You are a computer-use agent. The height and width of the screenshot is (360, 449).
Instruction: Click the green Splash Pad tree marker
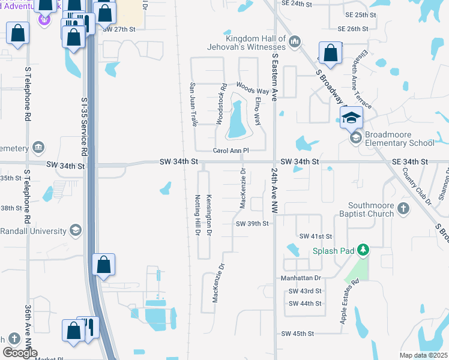click(362, 249)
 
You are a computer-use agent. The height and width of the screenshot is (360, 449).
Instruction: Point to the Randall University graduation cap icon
click(76, 230)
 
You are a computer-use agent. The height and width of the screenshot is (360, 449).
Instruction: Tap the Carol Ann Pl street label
click(231, 151)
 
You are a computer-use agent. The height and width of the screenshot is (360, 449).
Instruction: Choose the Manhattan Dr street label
click(301, 278)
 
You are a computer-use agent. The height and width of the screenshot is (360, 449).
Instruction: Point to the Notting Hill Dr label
click(196, 215)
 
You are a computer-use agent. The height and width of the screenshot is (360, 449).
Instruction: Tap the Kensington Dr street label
click(209, 215)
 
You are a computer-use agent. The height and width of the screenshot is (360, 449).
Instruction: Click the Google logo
click(20, 353)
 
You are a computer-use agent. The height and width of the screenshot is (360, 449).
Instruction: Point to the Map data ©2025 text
click(423, 355)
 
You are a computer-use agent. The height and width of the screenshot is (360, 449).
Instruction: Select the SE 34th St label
click(410, 162)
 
